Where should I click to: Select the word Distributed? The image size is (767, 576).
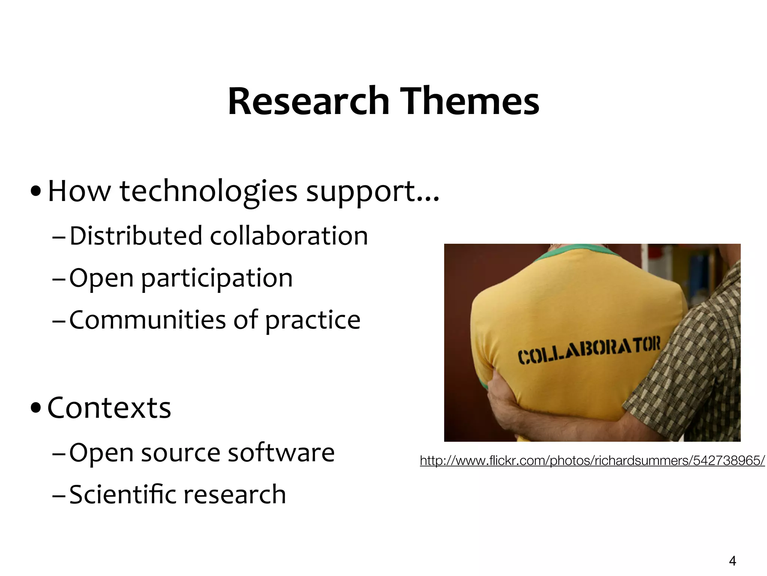(136, 236)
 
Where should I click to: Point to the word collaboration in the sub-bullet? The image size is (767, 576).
(289, 236)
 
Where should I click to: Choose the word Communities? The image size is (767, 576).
(148, 320)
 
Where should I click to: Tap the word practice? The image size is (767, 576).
(313, 321)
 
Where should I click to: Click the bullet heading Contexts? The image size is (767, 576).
(109, 408)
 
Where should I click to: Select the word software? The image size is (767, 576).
(281, 453)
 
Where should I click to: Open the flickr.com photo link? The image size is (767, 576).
(592, 460)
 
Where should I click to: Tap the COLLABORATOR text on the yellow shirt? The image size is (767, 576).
(589, 351)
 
